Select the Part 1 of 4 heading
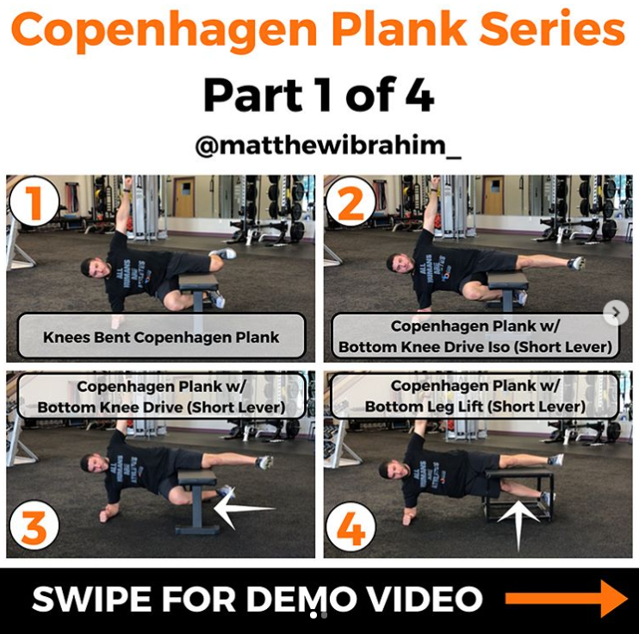pos(319,95)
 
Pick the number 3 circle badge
pos(34,530)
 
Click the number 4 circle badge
pos(351,530)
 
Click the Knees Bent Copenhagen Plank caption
pos(161,336)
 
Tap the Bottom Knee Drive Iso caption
pos(475,336)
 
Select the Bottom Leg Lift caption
pos(475,395)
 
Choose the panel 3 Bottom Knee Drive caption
pos(161,395)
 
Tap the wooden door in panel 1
pos(183,197)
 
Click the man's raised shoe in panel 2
pos(576,263)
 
